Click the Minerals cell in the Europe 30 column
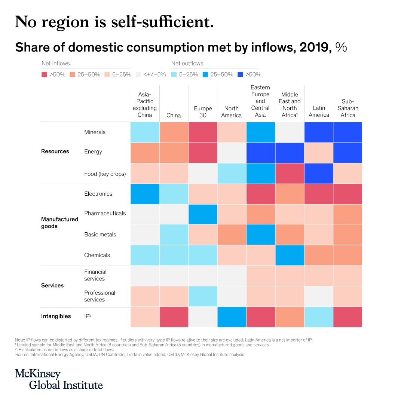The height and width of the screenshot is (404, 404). pos(203,132)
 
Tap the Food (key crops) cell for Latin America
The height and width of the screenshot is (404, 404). pos(319,174)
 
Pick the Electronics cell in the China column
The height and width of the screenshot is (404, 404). pos(174,194)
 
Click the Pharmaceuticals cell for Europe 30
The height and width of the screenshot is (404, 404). pos(203,214)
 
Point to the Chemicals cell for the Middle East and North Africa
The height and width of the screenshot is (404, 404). pos(290,255)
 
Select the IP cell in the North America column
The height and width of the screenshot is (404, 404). pos(232,316)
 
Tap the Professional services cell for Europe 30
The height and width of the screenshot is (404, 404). pos(203,296)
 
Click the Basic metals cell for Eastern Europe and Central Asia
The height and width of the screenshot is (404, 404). pos(261,235)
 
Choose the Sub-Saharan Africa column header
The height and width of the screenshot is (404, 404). pos(348,108)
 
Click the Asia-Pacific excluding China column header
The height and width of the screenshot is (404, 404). pos(145,104)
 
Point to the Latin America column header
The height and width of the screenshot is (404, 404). pos(319,111)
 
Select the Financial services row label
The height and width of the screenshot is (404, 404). pos(95,275)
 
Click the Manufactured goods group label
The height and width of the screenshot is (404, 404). pos(59,223)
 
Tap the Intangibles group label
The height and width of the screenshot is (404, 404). pos(56,316)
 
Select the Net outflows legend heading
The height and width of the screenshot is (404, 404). pos(187,63)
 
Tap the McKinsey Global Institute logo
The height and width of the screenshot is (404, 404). pos(59,379)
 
